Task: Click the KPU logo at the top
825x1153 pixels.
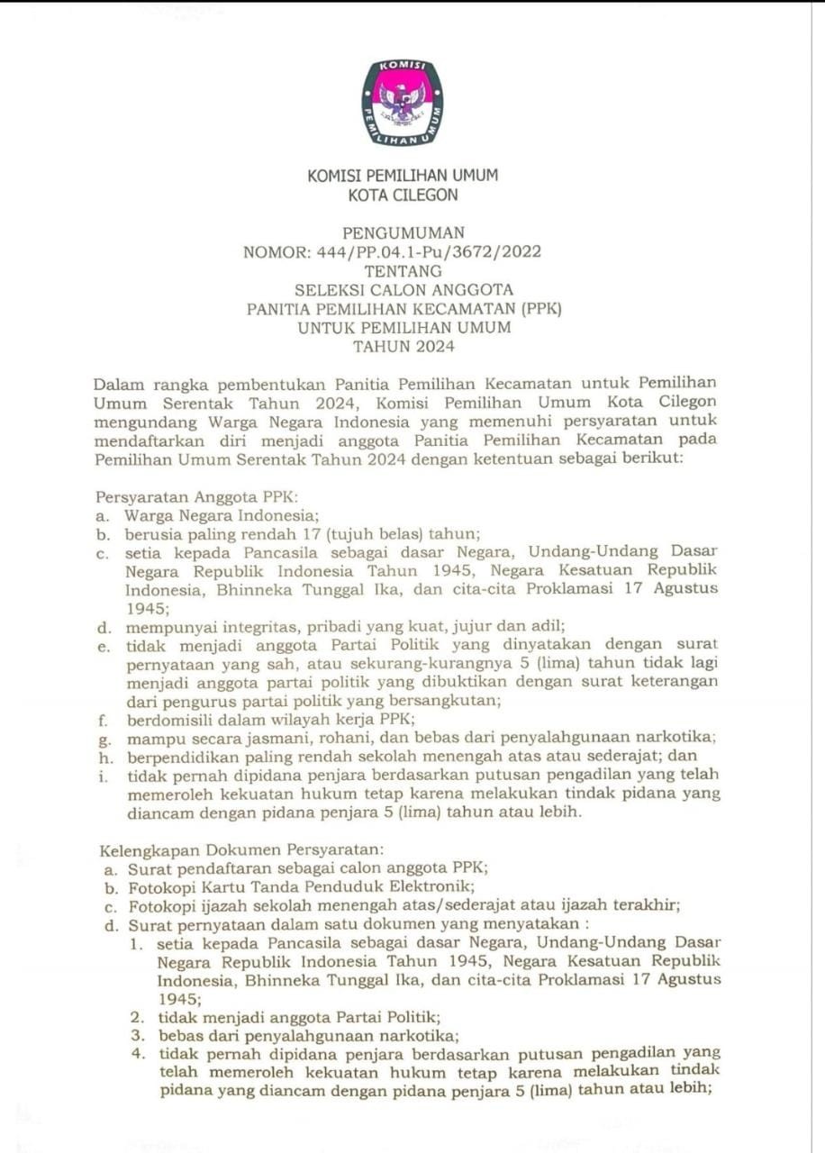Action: pyautogui.click(x=403, y=103)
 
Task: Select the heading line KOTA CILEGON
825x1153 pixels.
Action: pyautogui.click(x=403, y=195)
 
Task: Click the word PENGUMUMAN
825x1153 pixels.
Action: pyautogui.click(x=403, y=233)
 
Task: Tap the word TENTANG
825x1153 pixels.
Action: pyautogui.click(x=403, y=271)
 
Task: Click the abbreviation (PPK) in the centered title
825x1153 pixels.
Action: pyautogui.click(x=538, y=309)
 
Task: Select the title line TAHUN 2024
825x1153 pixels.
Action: pyautogui.click(x=403, y=347)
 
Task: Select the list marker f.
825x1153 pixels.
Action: pyautogui.click(x=104, y=719)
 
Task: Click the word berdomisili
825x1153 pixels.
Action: pyautogui.click(x=170, y=719)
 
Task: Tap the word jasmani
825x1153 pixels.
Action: pyautogui.click(x=247, y=738)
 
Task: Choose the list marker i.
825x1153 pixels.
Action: pyautogui.click(x=104, y=775)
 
